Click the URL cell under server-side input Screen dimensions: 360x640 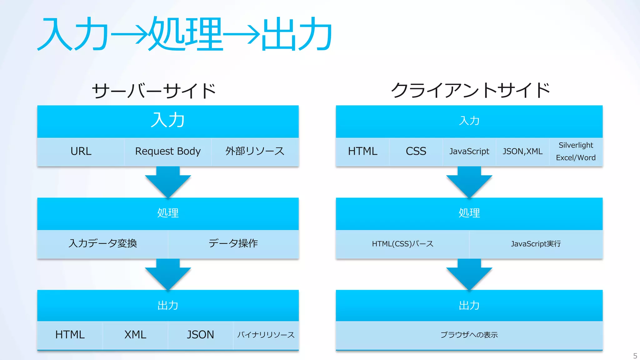point(81,152)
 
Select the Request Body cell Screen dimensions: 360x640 point(168,152)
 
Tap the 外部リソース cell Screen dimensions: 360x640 point(255,152)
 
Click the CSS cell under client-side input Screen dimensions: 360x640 point(416,152)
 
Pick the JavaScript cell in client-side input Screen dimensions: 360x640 point(469,152)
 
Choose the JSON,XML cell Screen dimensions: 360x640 point(522,152)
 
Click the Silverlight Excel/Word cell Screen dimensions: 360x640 point(576,152)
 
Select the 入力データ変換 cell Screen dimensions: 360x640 point(103,243)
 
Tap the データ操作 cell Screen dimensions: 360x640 point(233,243)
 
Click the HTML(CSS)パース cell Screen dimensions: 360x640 point(402,244)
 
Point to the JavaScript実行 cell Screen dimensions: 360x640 point(536,244)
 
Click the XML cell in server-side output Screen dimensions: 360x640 point(135,335)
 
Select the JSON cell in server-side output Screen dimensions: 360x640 point(200,335)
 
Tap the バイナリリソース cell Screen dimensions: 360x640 point(266,335)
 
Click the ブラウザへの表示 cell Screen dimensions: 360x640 point(469,335)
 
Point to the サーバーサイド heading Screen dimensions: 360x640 point(154,91)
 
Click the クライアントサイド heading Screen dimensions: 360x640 point(470,90)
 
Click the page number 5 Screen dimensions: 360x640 point(635,356)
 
